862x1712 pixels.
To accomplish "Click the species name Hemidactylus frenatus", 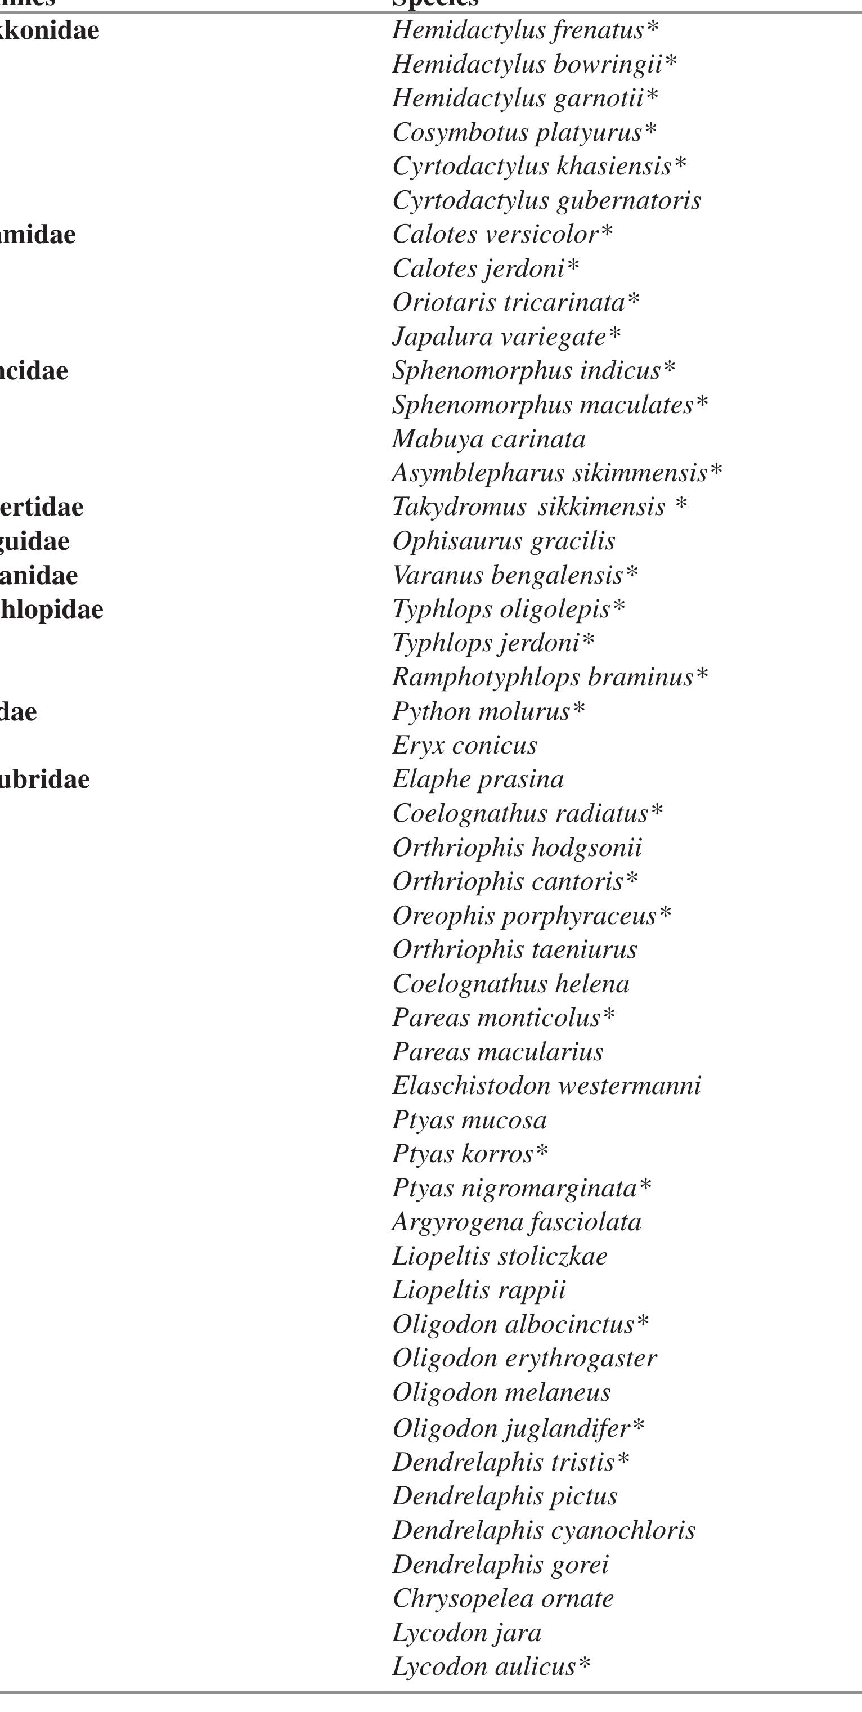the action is point(525,30).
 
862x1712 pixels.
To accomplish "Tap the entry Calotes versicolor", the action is point(502,235).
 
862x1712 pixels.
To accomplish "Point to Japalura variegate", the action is point(506,337).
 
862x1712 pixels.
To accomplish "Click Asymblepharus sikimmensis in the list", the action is point(556,473).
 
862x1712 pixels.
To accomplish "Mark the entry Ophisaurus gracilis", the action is point(504,541).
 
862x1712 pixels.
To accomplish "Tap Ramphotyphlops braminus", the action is point(550,677).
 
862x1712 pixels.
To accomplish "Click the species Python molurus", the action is point(488,712).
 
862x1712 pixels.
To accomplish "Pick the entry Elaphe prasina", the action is point(478,779).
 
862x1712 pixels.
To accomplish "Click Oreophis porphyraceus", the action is point(532,916).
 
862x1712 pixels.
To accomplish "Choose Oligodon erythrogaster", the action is point(524,1359).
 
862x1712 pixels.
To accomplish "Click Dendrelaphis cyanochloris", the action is point(544,1530).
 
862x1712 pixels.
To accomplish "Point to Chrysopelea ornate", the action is point(503,1598).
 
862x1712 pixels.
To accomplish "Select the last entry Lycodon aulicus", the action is point(491,1666).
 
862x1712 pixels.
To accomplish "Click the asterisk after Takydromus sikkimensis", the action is point(681,506).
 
